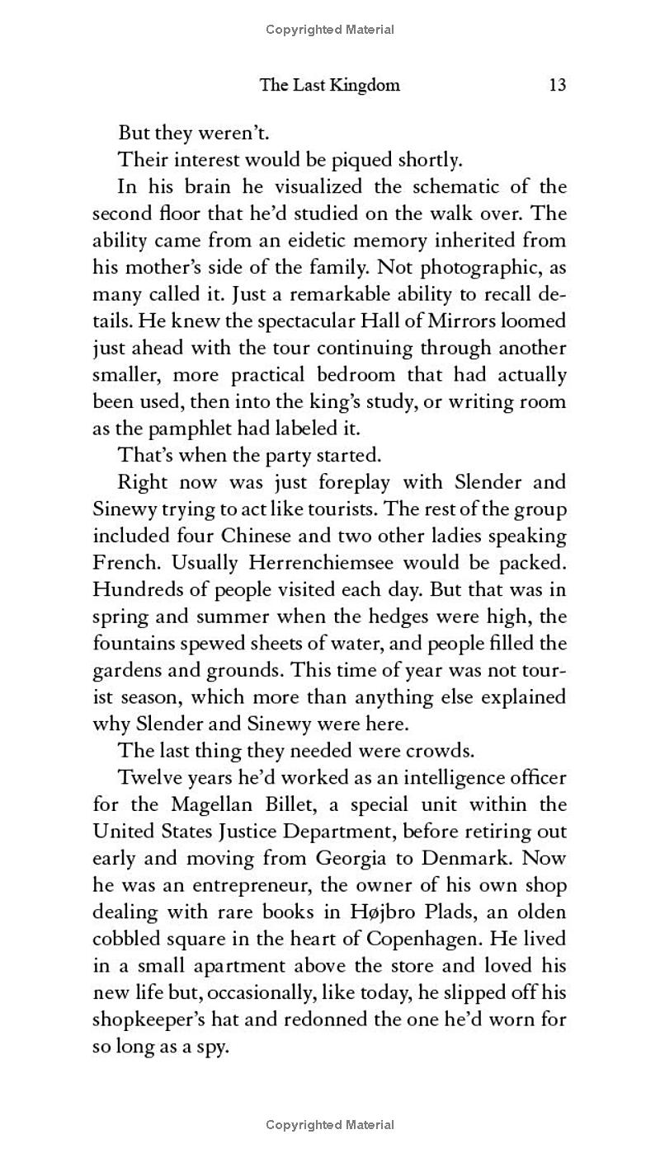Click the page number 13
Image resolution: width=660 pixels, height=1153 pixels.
coord(557,85)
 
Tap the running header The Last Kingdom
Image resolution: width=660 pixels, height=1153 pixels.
coord(330,85)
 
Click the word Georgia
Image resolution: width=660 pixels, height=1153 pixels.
coord(347,857)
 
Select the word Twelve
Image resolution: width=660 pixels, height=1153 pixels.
coord(154,777)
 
